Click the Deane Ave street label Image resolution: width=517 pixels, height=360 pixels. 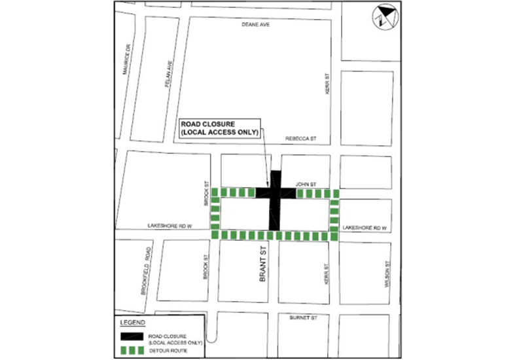[255, 24]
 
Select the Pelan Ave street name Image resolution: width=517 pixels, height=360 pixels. [169, 73]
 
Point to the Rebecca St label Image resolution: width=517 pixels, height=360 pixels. [301, 139]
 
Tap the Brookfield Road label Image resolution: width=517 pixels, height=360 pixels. [147, 278]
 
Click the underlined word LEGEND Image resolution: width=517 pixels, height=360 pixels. [134, 323]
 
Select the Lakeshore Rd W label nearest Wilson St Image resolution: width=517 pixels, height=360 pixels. [365, 227]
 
